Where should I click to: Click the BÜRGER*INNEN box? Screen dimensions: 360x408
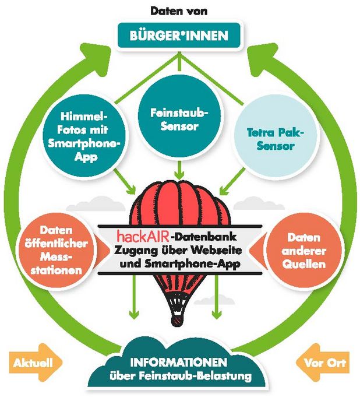pyautogui.click(x=179, y=36)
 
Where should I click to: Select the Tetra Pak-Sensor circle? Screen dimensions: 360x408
pyautogui.click(x=276, y=139)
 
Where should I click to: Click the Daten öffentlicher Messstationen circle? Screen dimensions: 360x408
pyautogui.click(x=57, y=251)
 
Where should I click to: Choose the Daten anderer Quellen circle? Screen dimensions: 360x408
pyautogui.click(x=303, y=251)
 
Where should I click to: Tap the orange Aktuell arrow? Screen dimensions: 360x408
pyautogui.click(x=36, y=363)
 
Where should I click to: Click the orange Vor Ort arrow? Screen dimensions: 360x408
pyautogui.click(x=323, y=363)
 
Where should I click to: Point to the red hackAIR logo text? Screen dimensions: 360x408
pyautogui.click(x=143, y=236)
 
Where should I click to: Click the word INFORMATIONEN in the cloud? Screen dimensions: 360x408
pyautogui.click(x=179, y=362)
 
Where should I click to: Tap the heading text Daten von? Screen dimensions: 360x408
pyautogui.click(x=179, y=11)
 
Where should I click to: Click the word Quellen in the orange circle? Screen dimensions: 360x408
pyautogui.click(x=304, y=265)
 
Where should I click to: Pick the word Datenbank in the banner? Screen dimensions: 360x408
pyautogui.click(x=204, y=237)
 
